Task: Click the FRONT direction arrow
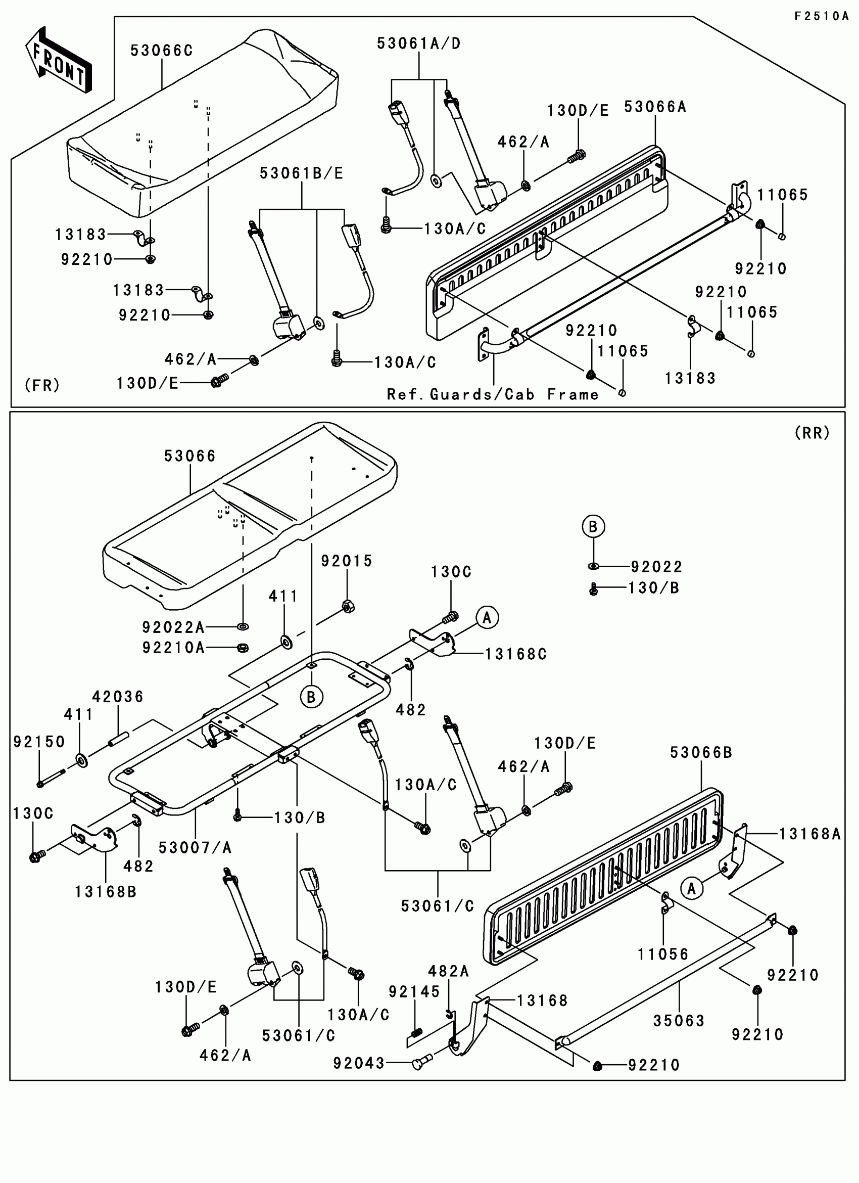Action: (x=59, y=61)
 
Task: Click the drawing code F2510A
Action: (x=822, y=16)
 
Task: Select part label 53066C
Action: (x=162, y=51)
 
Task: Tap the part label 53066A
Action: (x=655, y=107)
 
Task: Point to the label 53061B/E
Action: (x=302, y=173)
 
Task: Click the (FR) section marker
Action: (x=42, y=385)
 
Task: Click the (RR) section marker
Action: (x=812, y=432)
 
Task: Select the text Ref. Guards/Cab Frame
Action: (x=493, y=394)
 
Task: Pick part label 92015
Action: (x=347, y=561)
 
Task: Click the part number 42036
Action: (x=118, y=696)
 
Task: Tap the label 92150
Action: (x=39, y=741)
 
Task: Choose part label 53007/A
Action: (x=195, y=848)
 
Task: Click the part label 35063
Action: (x=679, y=1021)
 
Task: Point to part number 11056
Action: (x=663, y=954)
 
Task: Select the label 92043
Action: (x=359, y=1063)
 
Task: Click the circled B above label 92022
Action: (x=593, y=526)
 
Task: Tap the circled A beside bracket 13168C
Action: (x=487, y=618)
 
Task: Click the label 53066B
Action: (x=701, y=752)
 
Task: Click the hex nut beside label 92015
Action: (x=348, y=606)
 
